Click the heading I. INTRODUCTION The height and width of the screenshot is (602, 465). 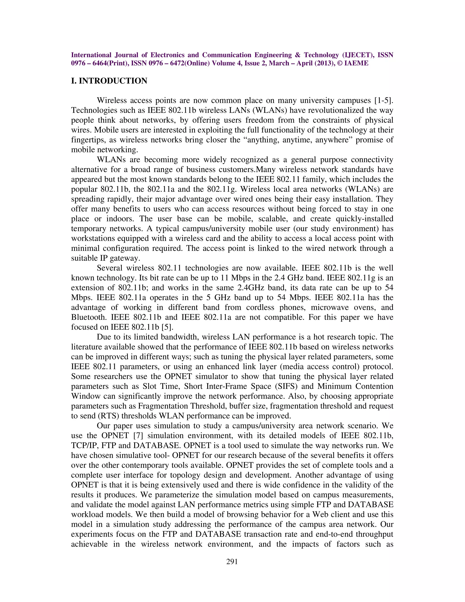click(109, 81)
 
